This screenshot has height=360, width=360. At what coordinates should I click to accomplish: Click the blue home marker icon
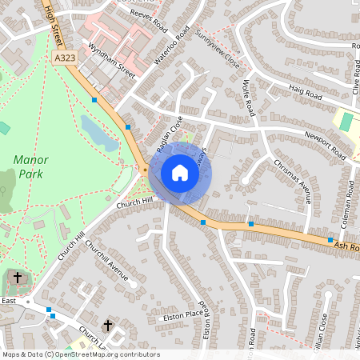[180, 173]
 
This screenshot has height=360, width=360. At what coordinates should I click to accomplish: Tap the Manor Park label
[30, 166]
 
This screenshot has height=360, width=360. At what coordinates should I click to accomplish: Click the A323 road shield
[67, 58]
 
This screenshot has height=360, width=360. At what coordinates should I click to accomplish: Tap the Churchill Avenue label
[107, 261]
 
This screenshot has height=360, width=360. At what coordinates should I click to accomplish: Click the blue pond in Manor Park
[98, 132]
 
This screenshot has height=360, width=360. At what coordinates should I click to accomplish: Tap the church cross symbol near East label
[18, 278]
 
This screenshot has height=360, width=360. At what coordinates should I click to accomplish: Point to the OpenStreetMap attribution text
[80, 354]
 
